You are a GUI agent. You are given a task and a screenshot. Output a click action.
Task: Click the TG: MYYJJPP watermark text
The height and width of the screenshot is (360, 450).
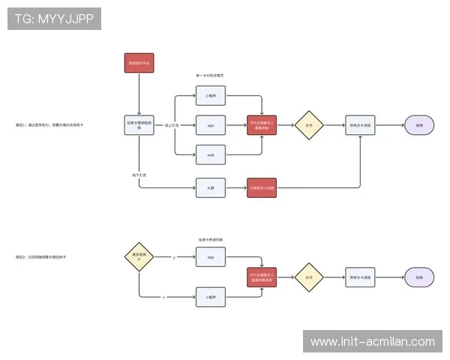point(54,19)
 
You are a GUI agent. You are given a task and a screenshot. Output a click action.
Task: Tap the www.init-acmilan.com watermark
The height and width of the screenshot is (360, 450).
point(373,342)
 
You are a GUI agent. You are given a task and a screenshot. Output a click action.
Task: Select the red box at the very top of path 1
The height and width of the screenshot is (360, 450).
point(139,63)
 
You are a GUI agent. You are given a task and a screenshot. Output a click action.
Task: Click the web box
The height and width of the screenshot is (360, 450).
point(211,155)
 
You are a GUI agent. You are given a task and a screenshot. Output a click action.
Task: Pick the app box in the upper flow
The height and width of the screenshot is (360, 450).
point(211,125)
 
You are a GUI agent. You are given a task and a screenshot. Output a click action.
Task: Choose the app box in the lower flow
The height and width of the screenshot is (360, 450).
point(211,258)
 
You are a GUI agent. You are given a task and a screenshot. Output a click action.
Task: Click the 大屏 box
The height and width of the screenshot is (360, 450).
point(211,187)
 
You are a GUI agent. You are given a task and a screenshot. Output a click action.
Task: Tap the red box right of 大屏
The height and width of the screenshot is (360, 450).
point(262,187)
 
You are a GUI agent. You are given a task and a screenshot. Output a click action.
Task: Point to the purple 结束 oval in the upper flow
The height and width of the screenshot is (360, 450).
point(419,125)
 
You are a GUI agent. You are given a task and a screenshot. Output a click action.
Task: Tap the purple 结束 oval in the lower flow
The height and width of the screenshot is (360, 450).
point(419,277)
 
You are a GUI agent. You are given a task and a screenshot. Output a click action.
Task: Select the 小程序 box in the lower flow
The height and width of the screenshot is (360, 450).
point(211,298)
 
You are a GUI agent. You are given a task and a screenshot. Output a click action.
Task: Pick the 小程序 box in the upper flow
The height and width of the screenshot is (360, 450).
point(211,97)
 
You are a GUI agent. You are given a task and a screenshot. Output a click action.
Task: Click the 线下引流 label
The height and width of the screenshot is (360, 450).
point(139,175)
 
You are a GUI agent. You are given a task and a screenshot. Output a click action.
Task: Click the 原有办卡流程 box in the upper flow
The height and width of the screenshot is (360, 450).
point(361,125)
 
